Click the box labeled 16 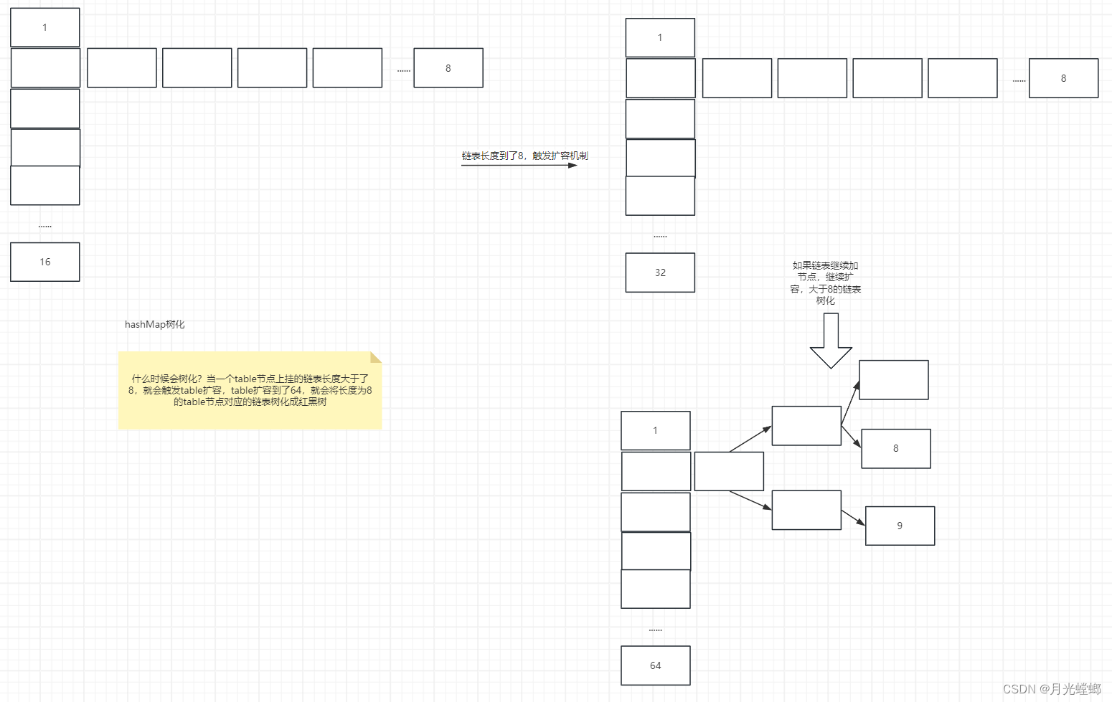pos(45,262)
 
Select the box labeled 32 pos(660,272)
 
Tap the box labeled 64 pos(655,665)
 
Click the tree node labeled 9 pos(900,526)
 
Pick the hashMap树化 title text pos(155,324)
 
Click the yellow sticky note pos(250,390)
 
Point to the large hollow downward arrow pos(831,341)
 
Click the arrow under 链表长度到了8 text pos(519,166)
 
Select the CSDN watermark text pos(1051,689)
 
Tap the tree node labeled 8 pos(895,449)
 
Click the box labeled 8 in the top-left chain pos(448,68)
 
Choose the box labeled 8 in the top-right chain pos(1063,78)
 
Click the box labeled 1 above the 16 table pos(45,27)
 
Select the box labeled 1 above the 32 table pos(660,37)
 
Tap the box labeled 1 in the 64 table pos(655,430)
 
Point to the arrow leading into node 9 pos(853,518)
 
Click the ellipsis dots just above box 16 pos(45,226)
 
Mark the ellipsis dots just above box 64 pos(655,630)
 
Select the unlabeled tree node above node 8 pos(893,380)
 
